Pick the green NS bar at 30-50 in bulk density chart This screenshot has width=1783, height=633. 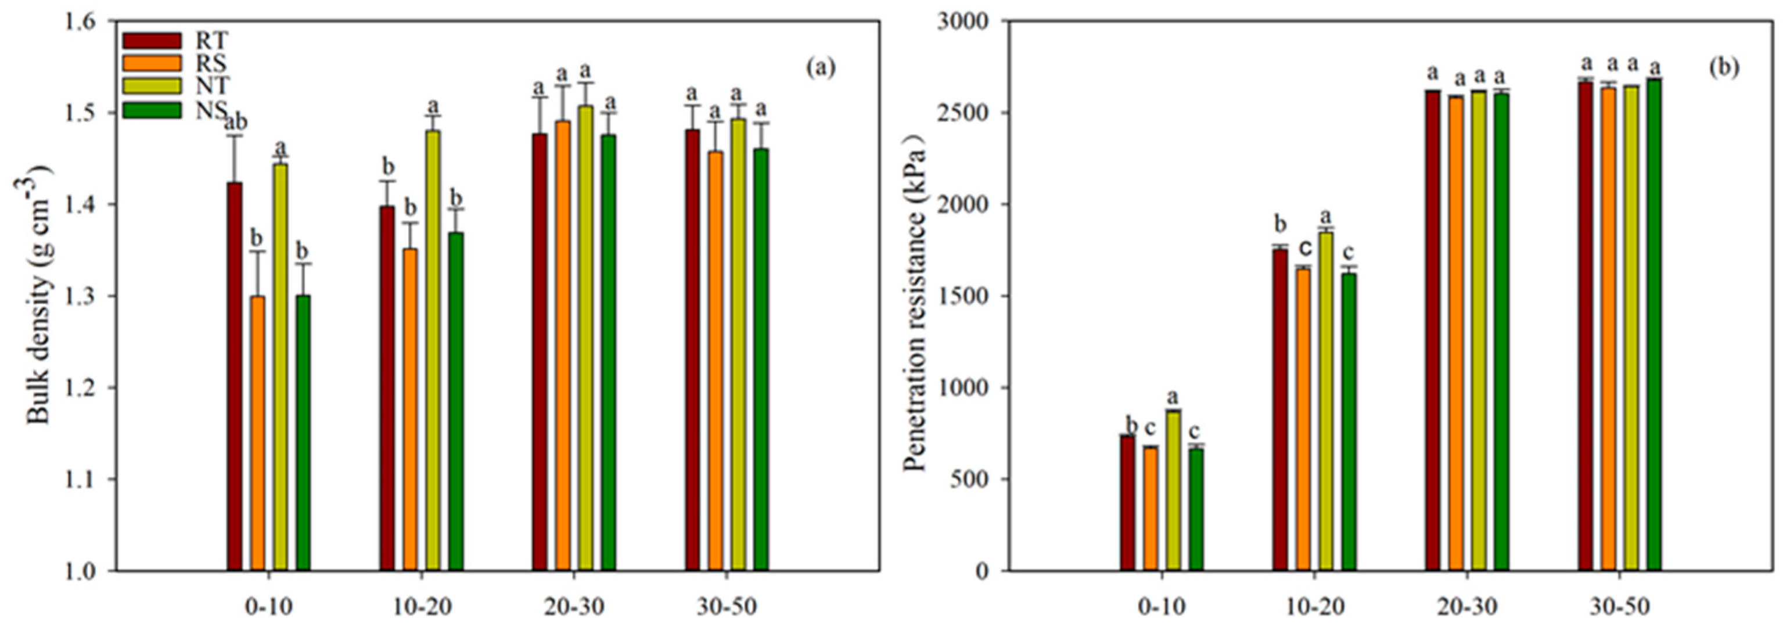click(761, 359)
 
